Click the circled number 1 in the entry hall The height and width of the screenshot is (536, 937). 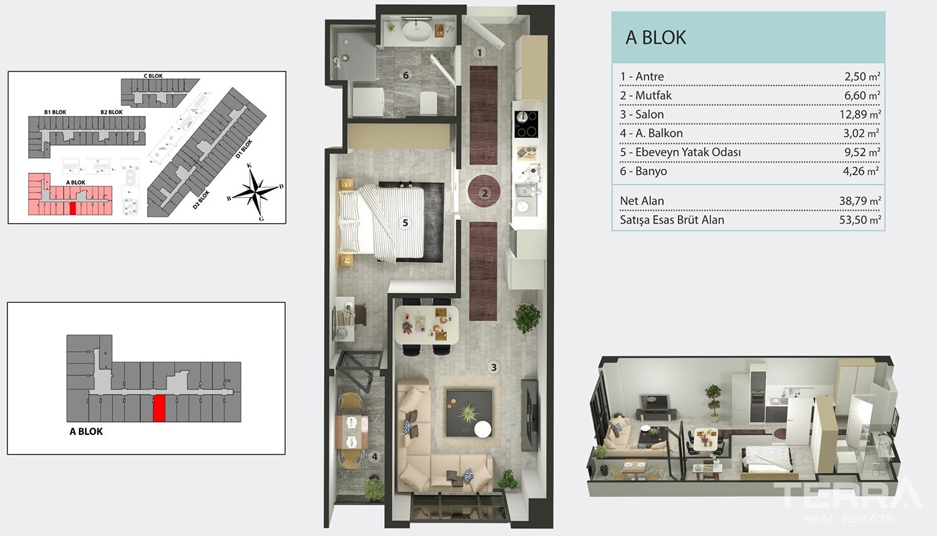479,53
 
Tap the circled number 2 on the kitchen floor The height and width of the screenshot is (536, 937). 485,194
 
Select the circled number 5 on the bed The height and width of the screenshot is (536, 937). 405,222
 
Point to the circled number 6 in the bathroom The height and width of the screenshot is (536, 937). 406,75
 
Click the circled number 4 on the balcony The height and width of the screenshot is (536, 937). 375,456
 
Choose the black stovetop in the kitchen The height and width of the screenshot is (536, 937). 526,125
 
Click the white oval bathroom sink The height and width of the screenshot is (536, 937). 416,31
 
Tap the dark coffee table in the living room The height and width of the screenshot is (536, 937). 468,413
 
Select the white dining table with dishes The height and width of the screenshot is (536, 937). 426,325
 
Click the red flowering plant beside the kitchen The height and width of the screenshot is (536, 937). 527,318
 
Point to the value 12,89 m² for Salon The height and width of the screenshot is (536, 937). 860,115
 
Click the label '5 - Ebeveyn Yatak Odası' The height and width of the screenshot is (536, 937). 680,152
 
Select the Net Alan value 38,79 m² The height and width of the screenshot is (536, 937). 860,201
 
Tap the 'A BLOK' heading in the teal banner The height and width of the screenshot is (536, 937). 655,38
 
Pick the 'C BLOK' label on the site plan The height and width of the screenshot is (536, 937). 153,76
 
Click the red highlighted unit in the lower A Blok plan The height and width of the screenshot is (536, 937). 159,408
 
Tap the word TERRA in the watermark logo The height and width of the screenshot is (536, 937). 848,496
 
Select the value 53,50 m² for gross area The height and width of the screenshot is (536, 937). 860,220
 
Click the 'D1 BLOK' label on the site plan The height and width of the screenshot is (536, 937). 244,149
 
